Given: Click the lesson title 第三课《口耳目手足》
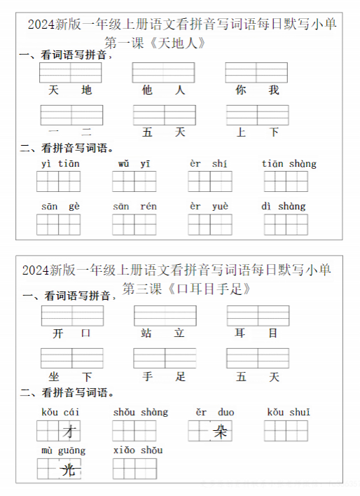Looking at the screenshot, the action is [x=186, y=289].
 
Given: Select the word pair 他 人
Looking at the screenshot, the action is [x=163, y=90].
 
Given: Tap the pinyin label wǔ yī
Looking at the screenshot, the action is [x=134, y=164].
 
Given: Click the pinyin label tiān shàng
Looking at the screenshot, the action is [x=289, y=164].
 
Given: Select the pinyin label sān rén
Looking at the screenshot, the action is [x=134, y=206].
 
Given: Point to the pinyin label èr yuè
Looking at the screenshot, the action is [x=209, y=206].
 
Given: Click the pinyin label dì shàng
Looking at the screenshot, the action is [x=284, y=206].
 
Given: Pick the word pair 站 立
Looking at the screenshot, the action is [x=163, y=334].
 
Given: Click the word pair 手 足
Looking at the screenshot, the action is [x=163, y=377].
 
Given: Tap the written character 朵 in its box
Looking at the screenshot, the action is [x=221, y=432].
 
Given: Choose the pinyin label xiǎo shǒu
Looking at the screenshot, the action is [x=137, y=450].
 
